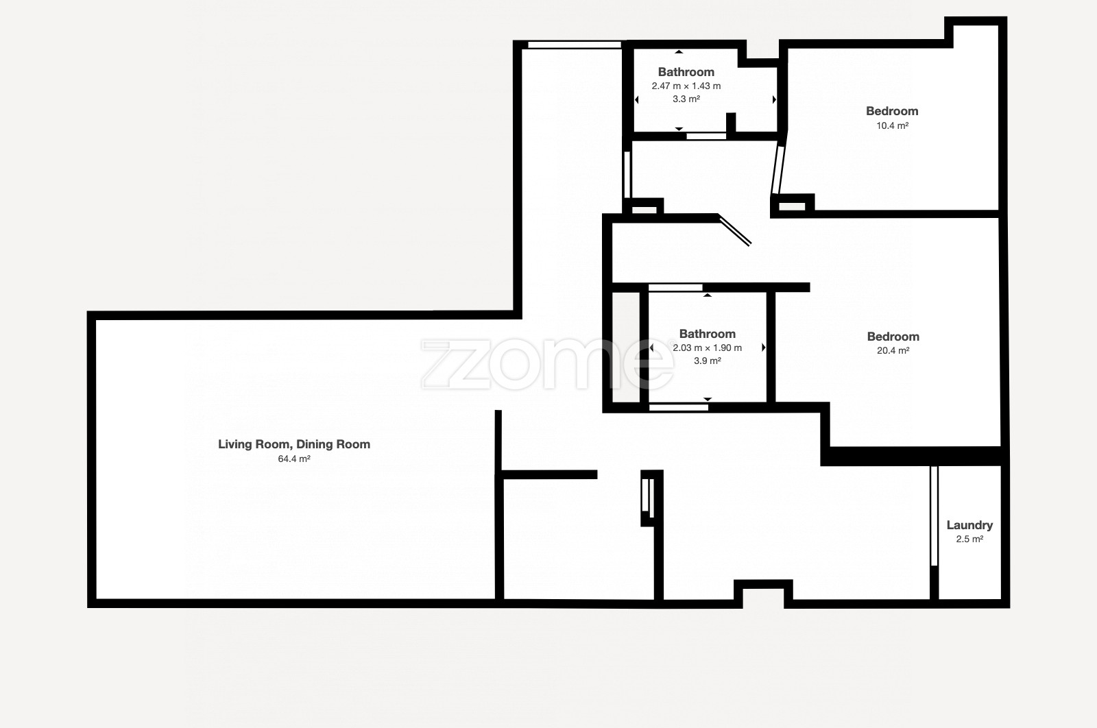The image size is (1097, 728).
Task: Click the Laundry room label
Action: coord(969,525)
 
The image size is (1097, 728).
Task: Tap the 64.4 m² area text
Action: coord(294,459)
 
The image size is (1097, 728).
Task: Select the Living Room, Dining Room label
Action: coord(294,444)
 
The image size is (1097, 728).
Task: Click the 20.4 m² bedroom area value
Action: coord(893,350)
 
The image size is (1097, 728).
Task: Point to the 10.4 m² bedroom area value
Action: coord(892,125)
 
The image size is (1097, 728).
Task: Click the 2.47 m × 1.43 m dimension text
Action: coord(686,86)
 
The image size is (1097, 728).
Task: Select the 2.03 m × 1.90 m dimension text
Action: coord(707,348)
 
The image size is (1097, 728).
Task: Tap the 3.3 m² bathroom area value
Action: coord(686,99)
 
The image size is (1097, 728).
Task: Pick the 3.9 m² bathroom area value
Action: coord(707,361)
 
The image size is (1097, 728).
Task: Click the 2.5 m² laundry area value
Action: coord(969,539)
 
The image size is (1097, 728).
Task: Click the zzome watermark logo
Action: coord(548,364)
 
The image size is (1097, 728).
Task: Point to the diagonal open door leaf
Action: coord(734,230)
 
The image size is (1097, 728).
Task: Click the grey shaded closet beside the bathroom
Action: coord(626,348)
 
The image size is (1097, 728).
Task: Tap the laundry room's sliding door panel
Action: coord(934,516)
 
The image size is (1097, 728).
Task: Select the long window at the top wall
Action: coord(575,45)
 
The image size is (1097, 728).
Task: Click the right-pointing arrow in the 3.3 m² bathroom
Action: coord(774,100)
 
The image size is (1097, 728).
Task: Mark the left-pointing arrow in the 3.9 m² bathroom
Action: coord(651,348)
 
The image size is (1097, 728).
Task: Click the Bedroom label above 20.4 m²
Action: coord(893,337)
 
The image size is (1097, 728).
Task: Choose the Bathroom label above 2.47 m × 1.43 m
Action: coord(686,72)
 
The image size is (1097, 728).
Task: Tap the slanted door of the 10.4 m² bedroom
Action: coord(778,169)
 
